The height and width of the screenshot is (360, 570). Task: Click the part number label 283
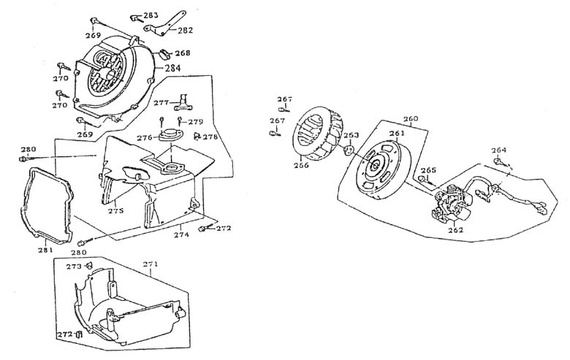(x=151, y=15)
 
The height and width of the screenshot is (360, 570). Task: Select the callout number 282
(x=186, y=30)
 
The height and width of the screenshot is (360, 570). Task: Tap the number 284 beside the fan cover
(x=172, y=69)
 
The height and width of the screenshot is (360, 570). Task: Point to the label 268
(x=182, y=53)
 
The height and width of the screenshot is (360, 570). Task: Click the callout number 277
(x=161, y=102)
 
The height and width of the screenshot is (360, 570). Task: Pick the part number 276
(x=144, y=137)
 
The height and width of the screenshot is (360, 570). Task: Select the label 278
(x=210, y=137)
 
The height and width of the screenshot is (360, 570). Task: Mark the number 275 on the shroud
(x=116, y=210)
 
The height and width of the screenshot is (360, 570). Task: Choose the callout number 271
(x=151, y=263)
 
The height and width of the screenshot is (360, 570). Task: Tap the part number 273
(x=75, y=267)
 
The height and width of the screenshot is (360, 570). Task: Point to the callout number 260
(x=411, y=118)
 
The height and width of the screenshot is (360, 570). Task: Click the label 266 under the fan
(x=300, y=165)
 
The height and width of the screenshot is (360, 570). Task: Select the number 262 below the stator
(x=455, y=229)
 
